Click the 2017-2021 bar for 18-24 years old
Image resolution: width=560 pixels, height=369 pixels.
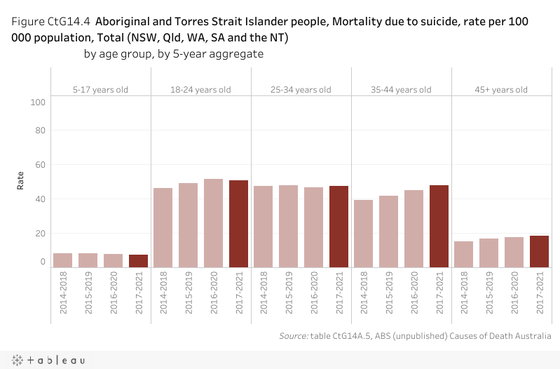pos(239,224)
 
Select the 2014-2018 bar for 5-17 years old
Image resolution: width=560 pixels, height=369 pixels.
pos(63,260)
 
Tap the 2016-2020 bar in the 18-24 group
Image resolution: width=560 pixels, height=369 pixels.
pos(214,223)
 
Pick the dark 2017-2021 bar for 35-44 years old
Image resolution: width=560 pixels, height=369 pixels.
pos(439,226)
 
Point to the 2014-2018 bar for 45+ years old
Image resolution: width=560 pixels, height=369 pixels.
pos(464,254)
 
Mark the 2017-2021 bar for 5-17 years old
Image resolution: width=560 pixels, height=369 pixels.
pos(139,260)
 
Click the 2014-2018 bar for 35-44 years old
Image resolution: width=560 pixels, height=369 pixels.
pos(364,233)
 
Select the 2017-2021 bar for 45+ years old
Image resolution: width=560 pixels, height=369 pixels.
pos(540,251)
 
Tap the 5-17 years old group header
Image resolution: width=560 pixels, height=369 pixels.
pos(101,90)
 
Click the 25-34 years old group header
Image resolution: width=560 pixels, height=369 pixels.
pos(301,90)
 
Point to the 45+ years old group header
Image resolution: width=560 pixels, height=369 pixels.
pos(501,90)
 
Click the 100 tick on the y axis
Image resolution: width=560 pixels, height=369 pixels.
pos(39,102)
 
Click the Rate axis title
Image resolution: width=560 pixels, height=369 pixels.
pos(21,180)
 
